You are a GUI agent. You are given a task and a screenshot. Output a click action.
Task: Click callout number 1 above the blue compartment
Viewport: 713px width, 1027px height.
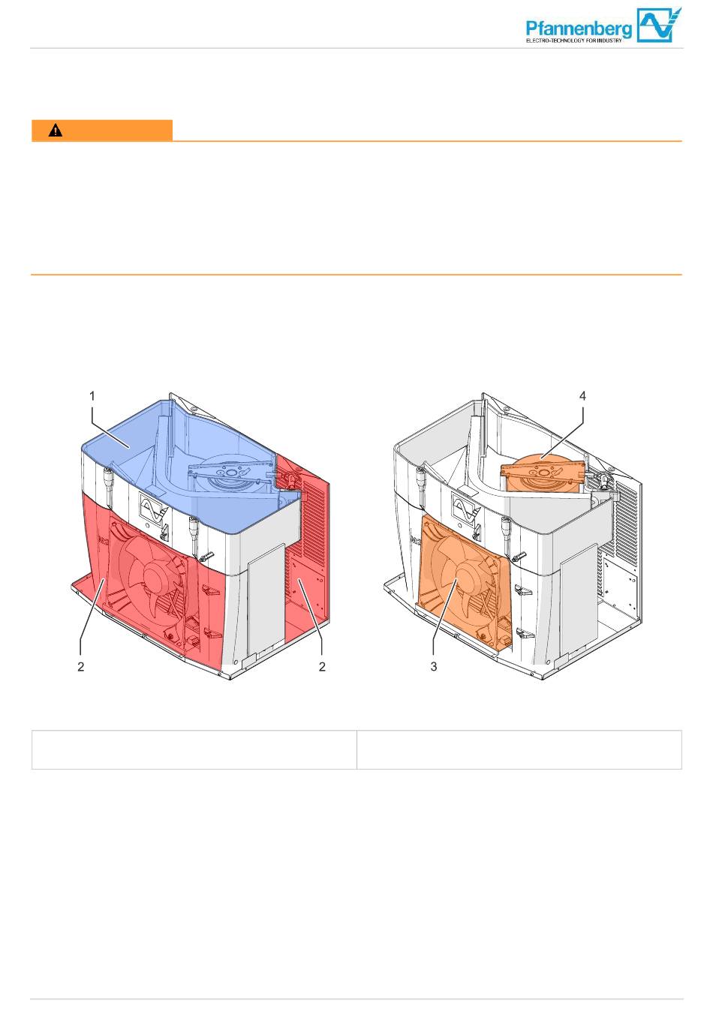[x=92, y=395]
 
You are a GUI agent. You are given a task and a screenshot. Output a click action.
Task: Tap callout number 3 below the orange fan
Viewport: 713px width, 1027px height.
[x=434, y=667]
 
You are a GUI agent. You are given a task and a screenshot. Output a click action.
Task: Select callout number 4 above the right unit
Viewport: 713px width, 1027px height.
[x=582, y=395]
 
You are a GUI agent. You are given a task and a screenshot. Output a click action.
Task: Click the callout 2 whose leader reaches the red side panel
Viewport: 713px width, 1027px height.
[x=322, y=667]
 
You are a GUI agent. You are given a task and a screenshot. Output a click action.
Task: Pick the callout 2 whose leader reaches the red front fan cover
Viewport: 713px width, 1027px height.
[x=81, y=667]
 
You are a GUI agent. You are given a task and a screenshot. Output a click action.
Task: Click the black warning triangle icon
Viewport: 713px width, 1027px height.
[x=56, y=131]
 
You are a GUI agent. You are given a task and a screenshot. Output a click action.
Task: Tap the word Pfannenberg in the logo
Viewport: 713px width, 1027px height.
[x=579, y=29]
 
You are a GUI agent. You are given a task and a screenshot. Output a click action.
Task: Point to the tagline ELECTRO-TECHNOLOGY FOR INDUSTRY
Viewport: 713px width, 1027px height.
[x=573, y=41]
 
